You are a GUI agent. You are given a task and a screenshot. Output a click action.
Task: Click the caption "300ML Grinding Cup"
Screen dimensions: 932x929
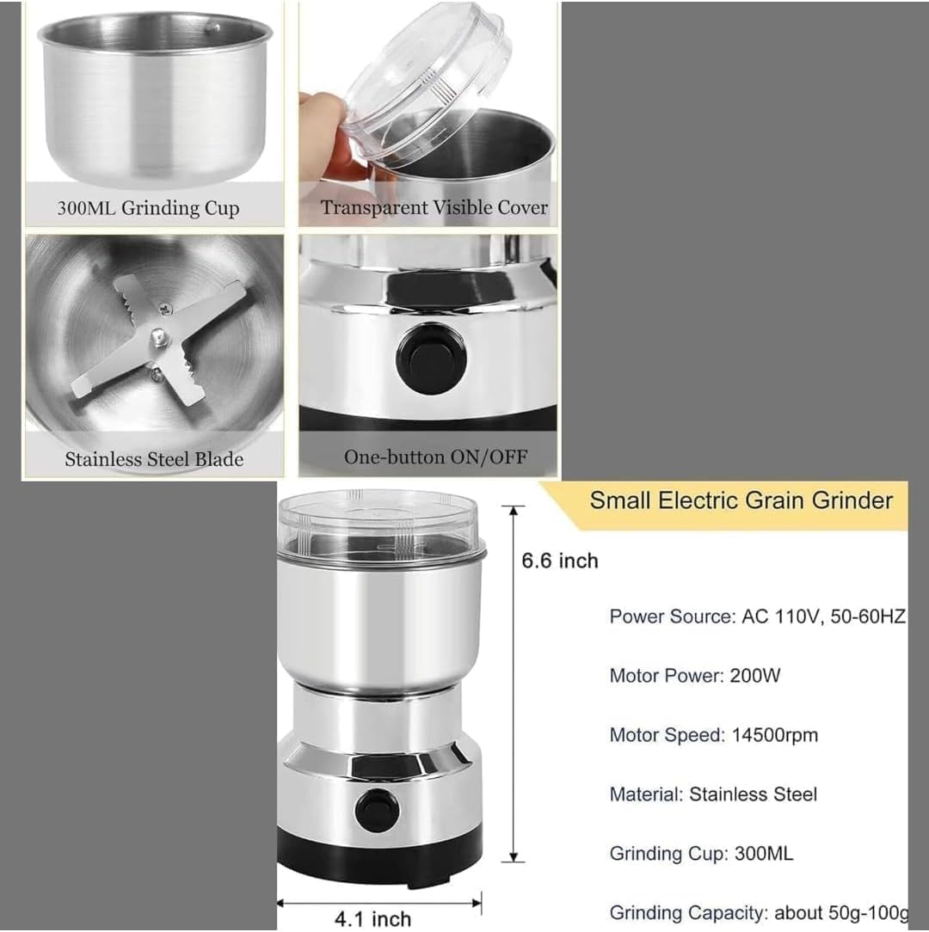click(148, 208)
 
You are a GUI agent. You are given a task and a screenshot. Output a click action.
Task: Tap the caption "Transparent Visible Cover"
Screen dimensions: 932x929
click(434, 208)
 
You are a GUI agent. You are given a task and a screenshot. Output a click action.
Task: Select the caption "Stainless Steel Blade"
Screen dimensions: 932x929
click(154, 459)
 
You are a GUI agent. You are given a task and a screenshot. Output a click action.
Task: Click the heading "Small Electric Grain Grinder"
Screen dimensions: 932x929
click(741, 500)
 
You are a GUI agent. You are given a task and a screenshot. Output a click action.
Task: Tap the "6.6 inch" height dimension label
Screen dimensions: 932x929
click(559, 561)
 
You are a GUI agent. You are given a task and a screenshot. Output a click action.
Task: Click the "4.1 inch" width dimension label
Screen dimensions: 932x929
click(372, 919)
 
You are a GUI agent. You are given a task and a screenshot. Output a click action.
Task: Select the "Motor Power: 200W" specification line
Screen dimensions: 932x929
click(695, 675)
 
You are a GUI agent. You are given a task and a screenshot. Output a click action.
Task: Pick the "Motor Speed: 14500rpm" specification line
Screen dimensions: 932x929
click(713, 735)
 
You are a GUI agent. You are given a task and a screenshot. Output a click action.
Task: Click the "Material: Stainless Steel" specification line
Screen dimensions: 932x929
click(713, 794)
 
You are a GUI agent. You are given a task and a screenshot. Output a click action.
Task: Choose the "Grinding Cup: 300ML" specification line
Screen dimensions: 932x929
click(701, 854)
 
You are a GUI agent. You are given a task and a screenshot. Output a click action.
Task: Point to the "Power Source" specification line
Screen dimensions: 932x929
click(757, 616)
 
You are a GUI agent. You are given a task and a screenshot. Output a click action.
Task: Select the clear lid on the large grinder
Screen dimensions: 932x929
click(378, 524)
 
